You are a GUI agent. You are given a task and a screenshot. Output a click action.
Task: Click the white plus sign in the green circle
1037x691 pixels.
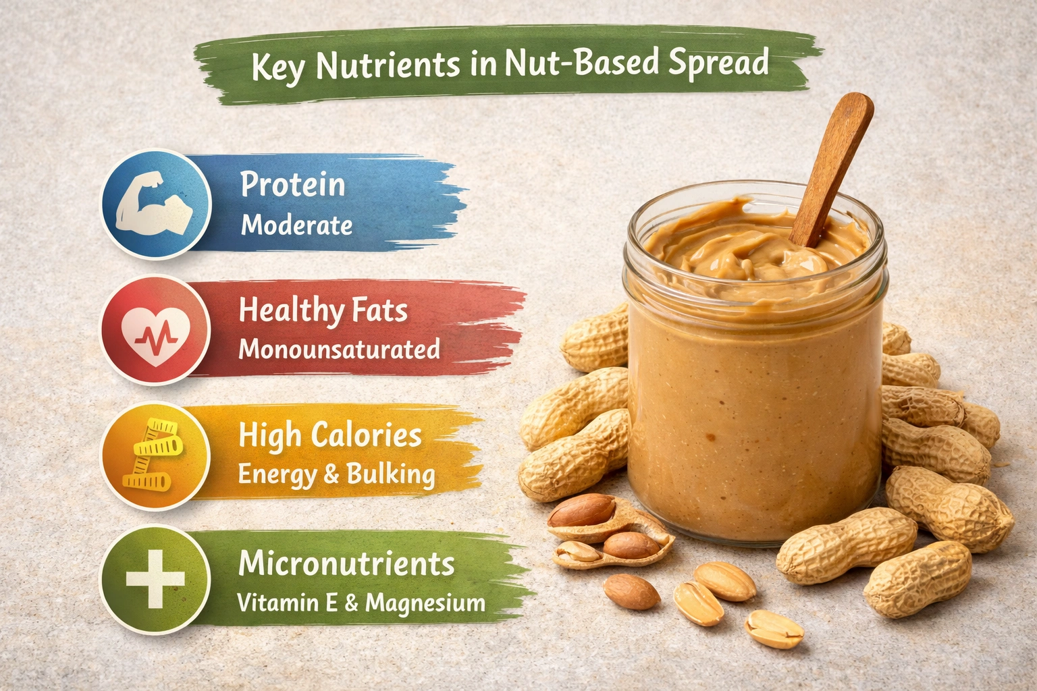tap(155, 580)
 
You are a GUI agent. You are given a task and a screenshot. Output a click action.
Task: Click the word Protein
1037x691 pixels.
tap(292, 185)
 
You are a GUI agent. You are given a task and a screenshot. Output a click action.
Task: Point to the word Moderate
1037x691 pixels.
tap(296, 225)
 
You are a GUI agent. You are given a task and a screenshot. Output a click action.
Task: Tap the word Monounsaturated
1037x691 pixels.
tap(339, 349)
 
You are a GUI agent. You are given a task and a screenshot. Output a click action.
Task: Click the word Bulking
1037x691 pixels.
tap(391, 474)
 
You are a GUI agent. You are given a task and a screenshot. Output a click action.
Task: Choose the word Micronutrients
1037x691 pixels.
tap(346, 564)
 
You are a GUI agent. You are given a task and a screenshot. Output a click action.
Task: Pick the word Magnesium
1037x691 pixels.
tap(425, 603)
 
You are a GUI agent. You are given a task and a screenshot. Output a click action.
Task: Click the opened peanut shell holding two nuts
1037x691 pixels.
tap(608, 533)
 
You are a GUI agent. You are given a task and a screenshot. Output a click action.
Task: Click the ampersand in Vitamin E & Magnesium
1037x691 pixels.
tap(351, 603)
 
